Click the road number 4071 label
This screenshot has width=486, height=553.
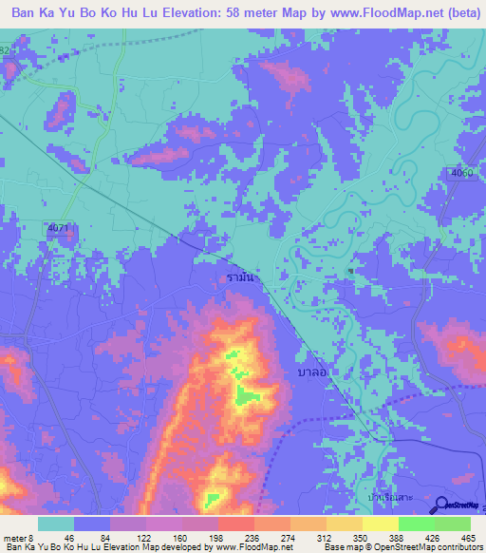coord(58,228)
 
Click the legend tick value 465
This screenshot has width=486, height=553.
coord(469,538)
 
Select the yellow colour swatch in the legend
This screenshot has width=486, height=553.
coord(380,524)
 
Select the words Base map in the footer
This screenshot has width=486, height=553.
coord(344,547)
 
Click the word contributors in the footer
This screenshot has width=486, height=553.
coord(458,547)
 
